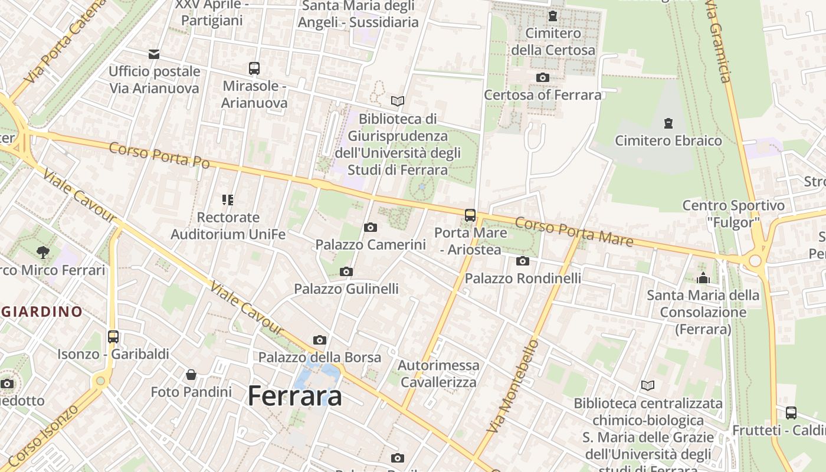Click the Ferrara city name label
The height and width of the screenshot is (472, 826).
[295, 395]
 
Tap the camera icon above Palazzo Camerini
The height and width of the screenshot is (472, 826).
[371, 228]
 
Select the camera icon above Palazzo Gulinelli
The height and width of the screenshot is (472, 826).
[346, 272]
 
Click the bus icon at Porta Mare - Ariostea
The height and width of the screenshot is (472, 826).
[470, 215]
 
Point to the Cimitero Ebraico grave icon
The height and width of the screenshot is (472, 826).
[668, 123]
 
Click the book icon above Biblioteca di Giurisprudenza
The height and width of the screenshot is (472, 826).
[398, 101]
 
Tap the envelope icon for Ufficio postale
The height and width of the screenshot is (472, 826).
[154, 54]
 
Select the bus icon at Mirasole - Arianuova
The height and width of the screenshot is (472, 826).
[254, 68]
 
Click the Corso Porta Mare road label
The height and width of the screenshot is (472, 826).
[573, 232]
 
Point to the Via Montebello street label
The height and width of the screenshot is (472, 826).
[514, 386]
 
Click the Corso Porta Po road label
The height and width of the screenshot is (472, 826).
[159, 155]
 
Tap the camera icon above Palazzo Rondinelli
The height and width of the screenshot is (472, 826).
[523, 261]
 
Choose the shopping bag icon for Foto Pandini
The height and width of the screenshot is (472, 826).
[191, 375]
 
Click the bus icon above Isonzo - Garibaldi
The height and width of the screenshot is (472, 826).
[113, 337]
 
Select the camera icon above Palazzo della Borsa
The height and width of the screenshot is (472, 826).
[320, 340]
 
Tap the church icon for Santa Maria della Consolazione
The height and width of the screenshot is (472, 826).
[703, 278]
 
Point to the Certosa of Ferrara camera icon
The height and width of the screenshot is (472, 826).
[542, 77]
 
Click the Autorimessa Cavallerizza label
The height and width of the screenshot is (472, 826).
[438, 373]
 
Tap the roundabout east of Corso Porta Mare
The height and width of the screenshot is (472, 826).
[755, 261]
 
